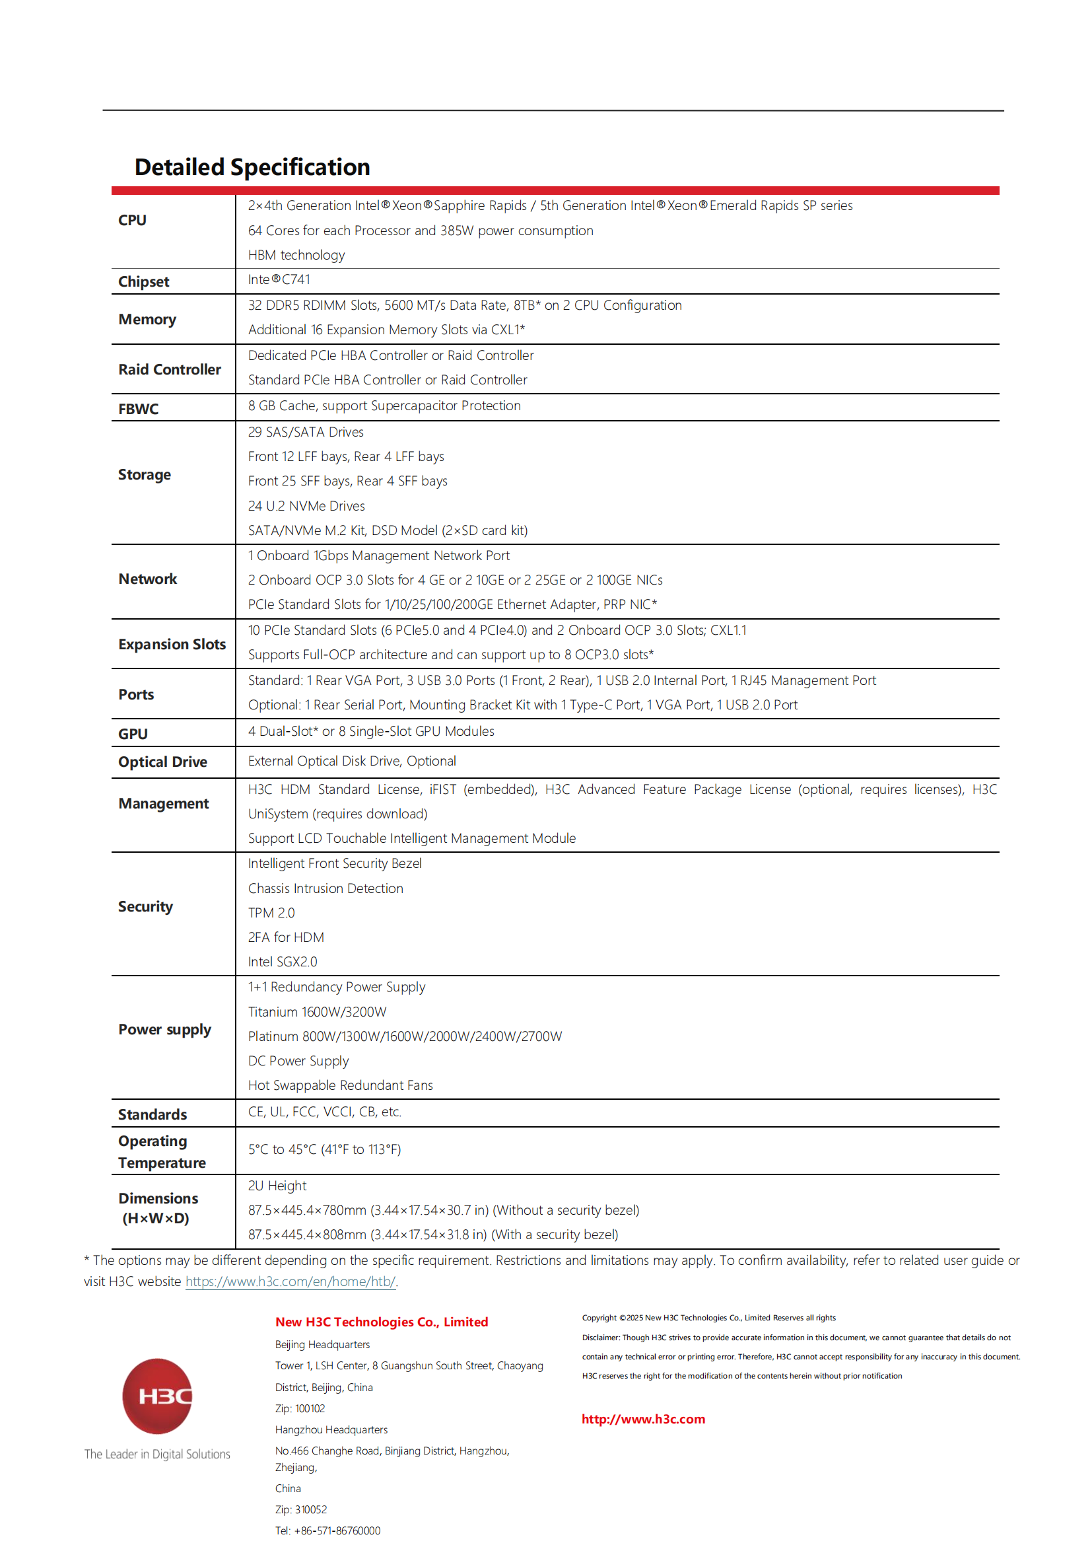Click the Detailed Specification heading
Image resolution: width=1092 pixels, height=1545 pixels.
(x=252, y=167)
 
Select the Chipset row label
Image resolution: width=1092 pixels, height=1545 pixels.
(x=143, y=282)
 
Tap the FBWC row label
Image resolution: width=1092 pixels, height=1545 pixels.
(x=139, y=409)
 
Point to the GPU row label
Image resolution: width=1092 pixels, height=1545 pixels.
(x=133, y=734)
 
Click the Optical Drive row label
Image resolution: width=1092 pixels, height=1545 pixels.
(x=162, y=762)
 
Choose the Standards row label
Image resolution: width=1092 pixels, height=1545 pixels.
(x=153, y=1115)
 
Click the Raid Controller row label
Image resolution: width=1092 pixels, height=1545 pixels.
(x=170, y=370)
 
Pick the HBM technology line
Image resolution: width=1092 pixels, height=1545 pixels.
(x=296, y=255)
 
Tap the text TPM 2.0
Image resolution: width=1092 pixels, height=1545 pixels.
(x=271, y=913)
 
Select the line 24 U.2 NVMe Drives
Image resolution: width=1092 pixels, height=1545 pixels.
(x=306, y=506)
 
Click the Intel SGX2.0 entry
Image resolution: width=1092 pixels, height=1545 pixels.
(x=283, y=962)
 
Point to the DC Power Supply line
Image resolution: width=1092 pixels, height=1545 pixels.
(x=298, y=1061)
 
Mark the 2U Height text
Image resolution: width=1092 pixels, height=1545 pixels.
(x=277, y=1186)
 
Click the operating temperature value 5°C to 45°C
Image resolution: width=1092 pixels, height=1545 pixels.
(x=324, y=1150)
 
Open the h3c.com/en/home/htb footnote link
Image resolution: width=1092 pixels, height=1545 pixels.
(x=290, y=1282)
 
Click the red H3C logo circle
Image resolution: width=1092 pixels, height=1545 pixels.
(x=157, y=1397)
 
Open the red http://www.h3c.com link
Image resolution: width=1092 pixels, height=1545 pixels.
(x=643, y=1419)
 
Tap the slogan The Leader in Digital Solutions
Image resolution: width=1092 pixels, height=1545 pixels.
(x=157, y=1454)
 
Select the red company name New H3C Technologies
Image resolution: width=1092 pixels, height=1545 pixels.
(x=381, y=1322)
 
